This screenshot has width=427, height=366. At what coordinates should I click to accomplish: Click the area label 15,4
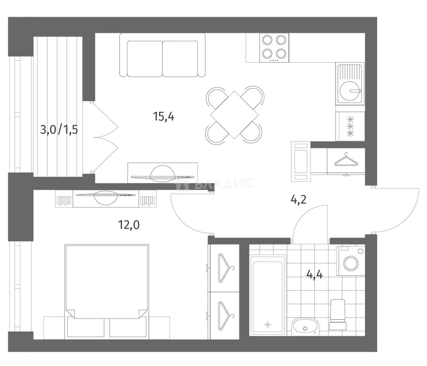tap(163, 116)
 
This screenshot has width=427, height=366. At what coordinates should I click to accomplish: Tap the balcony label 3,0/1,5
tap(59, 130)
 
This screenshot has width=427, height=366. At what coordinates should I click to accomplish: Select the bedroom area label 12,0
tap(129, 225)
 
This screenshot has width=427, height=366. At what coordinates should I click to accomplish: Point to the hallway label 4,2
tap(299, 200)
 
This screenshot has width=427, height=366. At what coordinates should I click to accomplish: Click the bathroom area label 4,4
tap(314, 274)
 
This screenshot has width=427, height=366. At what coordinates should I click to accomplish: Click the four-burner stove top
tap(274, 48)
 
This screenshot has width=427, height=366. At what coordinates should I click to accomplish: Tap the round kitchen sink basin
tap(350, 91)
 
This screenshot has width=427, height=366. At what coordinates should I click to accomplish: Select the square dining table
tap(234, 115)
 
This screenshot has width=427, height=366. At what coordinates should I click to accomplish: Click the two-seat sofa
tap(162, 55)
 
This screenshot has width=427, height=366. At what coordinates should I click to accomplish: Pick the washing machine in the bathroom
tap(351, 261)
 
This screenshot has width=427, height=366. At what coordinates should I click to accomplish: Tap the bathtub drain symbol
tap(268, 325)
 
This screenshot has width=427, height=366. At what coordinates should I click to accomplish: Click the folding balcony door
tap(105, 137)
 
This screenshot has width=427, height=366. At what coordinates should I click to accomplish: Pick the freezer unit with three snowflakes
tap(350, 126)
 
